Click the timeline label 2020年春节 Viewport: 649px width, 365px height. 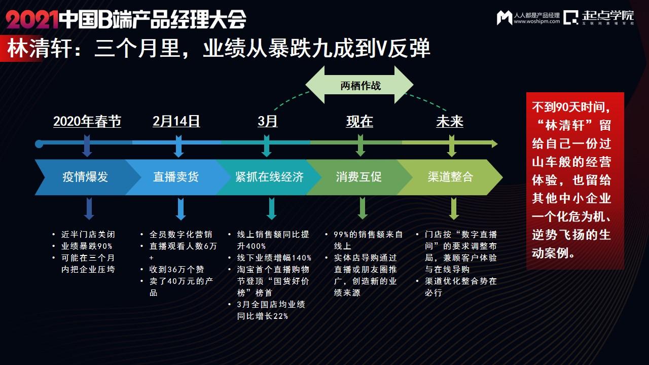pyautogui.click(x=87, y=122)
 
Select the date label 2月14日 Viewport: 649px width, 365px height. pyautogui.click(x=176, y=122)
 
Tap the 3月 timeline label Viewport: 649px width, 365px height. pyautogui.click(x=267, y=122)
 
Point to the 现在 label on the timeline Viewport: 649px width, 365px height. pyautogui.click(x=359, y=122)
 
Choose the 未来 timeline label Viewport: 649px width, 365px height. pyautogui.click(x=450, y=122)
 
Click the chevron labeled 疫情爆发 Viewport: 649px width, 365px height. pyautogui.click(x=85, y=177)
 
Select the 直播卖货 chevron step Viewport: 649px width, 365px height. pyautogui.click(x=176, y=177)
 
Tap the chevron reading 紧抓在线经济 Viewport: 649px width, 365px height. pyautogui.click(x=269, y=177)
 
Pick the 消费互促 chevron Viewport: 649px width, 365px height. pyautogui.click(x=358, y=177)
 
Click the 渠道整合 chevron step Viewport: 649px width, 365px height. pyautogui.click(x=450, y=177)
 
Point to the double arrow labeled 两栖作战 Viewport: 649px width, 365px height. pyautogui.click(x=360, y=85)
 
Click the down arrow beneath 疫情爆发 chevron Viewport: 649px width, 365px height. pyautogui.click(x=89, y=208)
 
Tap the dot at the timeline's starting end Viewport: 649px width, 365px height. pyautogui.click(x=39, y=144)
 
